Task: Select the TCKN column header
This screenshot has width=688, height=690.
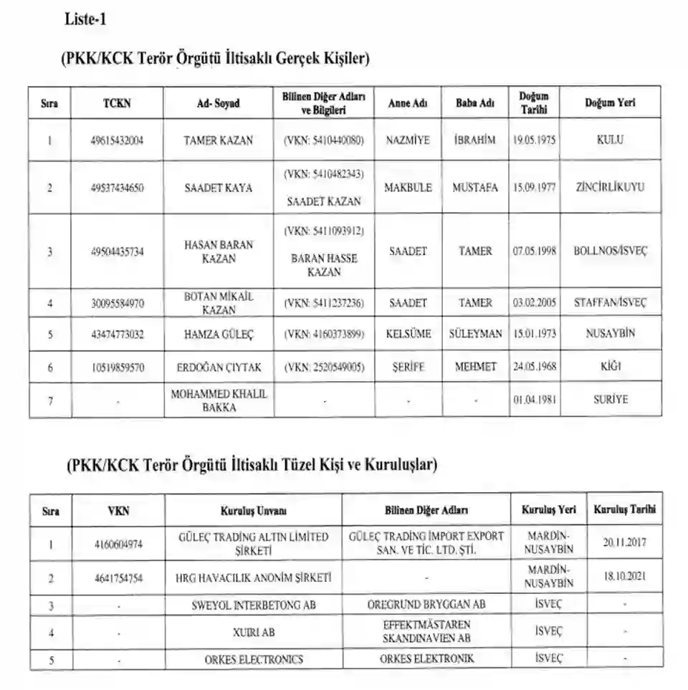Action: [x=118, y=103]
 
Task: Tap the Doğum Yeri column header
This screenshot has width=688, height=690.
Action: [x=610, y=103]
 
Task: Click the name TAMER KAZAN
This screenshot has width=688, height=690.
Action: [x=218, y=140]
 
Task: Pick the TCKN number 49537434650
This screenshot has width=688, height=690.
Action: [x=118, y=188]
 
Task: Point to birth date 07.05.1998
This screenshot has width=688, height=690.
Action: [x=534, y=251]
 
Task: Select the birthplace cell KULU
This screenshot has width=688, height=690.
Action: [x=610, y=140]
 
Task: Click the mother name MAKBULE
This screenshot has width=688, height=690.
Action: [x=408, y=188]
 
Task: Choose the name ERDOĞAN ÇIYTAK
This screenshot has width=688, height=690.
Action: [x=218, y=367]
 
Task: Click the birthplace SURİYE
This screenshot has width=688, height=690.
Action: [x=610, y=401]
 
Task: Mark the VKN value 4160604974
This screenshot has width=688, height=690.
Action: [x=118, y=544]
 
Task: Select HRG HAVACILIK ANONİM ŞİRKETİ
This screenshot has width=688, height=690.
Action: [x=253, y=577]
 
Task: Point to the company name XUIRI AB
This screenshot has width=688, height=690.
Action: [x=253, y=633]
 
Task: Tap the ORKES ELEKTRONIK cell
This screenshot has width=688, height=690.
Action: [x=426, y=658]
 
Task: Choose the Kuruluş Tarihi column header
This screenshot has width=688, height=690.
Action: [x=624, y=510]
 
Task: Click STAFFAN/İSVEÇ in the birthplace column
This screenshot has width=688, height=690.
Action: [x=610, y=303]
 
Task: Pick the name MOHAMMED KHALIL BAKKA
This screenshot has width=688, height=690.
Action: [x=218, y=401]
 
